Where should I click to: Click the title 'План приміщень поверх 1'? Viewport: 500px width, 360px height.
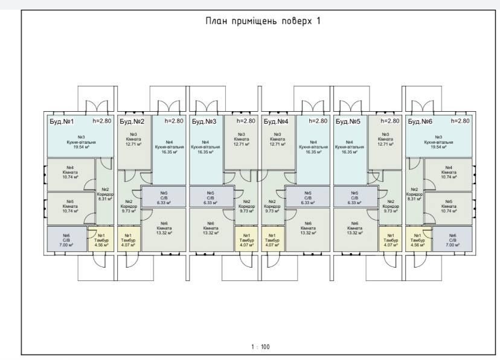coord(263,21)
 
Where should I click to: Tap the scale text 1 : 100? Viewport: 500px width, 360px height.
coord(260,347)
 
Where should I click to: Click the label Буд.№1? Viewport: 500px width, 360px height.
coord(61,121)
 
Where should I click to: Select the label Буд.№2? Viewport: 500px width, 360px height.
coord(132,121)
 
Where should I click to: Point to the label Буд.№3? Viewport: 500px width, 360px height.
coord(204,121)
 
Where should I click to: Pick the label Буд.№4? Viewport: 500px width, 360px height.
coord(276,121)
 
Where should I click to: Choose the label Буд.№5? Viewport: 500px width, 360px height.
coord(348,121)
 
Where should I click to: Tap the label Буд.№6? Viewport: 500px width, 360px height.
coord(420,121)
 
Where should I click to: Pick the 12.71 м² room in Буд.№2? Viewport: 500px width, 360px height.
coord(133,140)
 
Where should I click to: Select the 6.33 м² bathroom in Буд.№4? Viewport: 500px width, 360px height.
coord(308,198)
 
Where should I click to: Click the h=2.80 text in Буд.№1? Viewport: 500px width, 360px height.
coord(101,121)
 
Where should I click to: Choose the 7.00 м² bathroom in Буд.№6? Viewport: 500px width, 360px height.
coord(452,240)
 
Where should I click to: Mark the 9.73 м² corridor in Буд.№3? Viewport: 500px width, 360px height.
coord(246,207)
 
